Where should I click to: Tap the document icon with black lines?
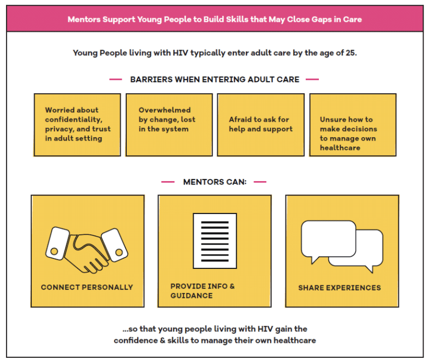coord(215,241)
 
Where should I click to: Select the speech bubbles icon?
coord(342,246)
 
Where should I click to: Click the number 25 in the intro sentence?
coord(351,53)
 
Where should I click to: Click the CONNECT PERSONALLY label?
coord(87,287)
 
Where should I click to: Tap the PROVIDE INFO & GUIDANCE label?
coord(203,291)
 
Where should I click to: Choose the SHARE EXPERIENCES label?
coord(339,288)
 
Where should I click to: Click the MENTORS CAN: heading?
coord(215,182)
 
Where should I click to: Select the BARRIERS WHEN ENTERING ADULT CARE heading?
coord(215,79)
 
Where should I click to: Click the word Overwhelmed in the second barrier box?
coord(165,110)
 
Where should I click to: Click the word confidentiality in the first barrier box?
coord(74,120)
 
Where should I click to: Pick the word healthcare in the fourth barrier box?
coord(340,148)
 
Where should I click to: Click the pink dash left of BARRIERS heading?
coord(115,79)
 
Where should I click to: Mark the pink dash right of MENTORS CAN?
coord(260,182)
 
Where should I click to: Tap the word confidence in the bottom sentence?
coord(136,340)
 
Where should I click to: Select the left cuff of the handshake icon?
coord(58,243)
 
